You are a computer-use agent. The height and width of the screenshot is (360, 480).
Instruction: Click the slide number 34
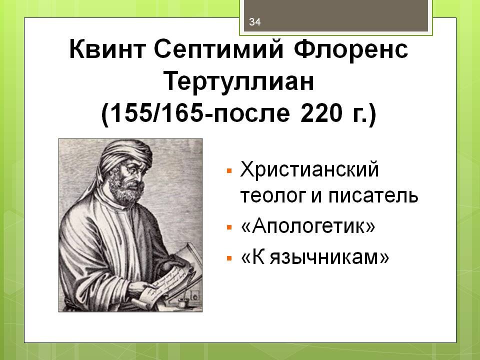[255, 21]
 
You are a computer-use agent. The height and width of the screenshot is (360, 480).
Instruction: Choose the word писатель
[372, 195]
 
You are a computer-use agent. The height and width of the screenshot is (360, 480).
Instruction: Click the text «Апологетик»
[307, 227]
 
